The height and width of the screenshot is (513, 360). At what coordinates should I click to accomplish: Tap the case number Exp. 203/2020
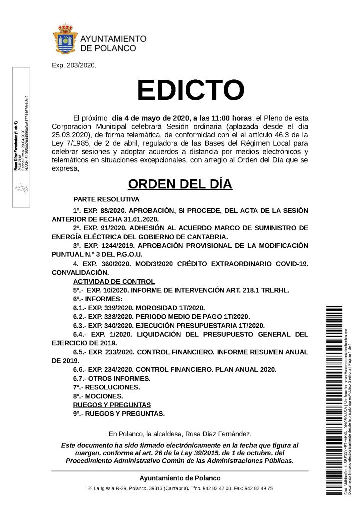pyautogui.click(x=74, y=65)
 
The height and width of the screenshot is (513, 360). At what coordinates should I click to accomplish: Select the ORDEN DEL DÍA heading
pyautogui.click(x=180, y=184)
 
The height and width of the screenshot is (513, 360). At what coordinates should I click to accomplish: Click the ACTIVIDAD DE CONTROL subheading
pyautogui.click(x=114, y=281)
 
